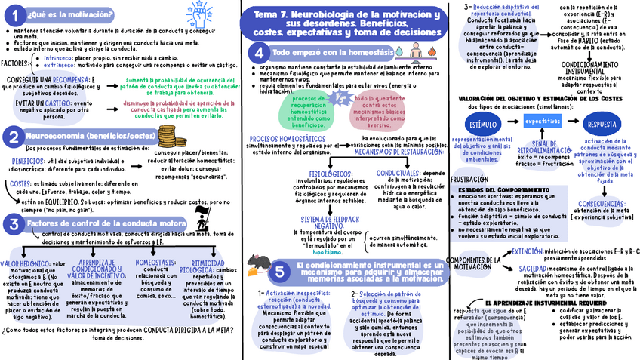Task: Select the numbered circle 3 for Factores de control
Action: (x=14, y=223)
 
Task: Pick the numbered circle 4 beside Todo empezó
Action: (x=259, y=52)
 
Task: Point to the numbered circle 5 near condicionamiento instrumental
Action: (x=278, y=272)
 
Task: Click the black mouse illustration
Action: (x=259, y=261)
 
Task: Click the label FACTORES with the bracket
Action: (x=14, y=63)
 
